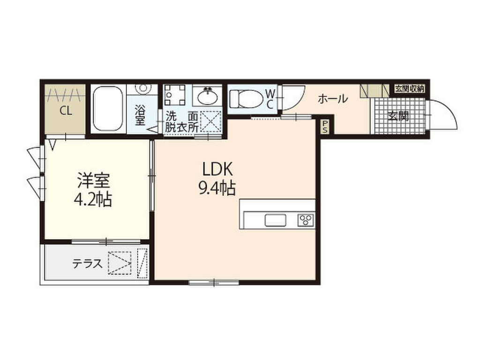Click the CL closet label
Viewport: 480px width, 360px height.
pos(65,111)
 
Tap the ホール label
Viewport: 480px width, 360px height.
pos(333,99)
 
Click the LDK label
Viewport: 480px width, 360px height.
pos(217,169)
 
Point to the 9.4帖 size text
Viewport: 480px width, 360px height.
pos(217,188)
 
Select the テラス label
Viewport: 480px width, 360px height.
pos(88,264)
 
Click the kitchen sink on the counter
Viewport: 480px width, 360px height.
pos(275,220)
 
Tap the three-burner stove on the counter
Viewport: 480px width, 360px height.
pos(306,220)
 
